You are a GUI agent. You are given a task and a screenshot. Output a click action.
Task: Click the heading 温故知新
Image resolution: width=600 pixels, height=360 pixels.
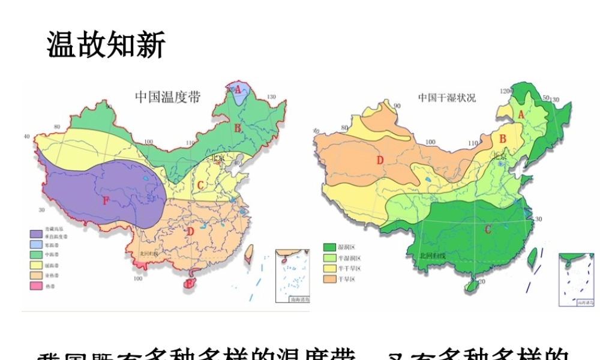tap(106, 46)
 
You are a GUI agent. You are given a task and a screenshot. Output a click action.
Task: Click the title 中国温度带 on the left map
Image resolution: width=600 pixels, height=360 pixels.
tap(167, 97)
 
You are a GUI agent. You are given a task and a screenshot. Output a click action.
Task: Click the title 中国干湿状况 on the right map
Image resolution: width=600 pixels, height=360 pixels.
tap(447, 97)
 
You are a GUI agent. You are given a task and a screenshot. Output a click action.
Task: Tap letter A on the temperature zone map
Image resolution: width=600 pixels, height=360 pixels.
tap(238, 89)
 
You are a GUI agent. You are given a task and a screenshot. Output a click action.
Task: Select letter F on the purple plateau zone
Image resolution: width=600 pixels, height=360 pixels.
tap(106, 200)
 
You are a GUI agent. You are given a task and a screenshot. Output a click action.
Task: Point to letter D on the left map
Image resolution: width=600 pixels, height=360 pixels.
tap(190, 231)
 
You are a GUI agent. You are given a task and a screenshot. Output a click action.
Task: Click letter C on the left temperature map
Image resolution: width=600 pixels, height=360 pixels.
tap(201, 185)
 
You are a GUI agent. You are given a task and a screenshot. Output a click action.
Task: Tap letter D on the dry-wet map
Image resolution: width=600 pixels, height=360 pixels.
tap(379, 160)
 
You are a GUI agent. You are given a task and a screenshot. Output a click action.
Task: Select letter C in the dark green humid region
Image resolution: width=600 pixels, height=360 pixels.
tap(487, 229)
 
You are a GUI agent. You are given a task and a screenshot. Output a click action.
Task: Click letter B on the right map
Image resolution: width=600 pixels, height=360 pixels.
tap(503, 139)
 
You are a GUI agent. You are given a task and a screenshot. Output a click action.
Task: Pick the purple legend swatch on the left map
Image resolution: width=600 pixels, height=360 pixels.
tap(37, 230)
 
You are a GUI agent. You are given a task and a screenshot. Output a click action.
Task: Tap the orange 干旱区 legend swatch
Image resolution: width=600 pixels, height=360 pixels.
tap(329, 279)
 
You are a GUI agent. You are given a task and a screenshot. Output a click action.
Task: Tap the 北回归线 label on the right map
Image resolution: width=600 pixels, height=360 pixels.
tap(433, 255)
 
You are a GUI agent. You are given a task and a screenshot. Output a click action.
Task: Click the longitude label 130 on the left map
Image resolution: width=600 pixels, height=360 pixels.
tap(271, 97)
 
